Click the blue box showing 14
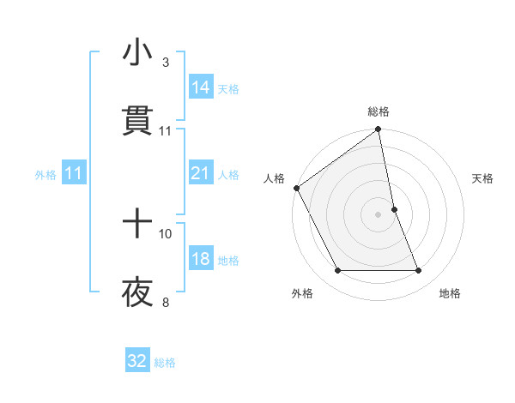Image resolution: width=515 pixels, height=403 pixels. pos(201,87)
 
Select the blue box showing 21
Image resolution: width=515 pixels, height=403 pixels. pos(201,173)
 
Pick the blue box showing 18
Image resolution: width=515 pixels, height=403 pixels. pos(201,259)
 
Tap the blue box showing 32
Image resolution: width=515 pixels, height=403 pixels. pos(137,361)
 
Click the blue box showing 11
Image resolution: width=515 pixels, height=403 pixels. pos(73,173)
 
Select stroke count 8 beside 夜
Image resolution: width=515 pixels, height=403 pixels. pos(165,302)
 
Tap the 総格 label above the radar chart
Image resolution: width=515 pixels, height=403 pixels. pos(379,111)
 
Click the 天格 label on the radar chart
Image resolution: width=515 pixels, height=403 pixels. pos(483,178)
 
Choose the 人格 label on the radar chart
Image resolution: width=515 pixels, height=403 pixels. pos(274,178)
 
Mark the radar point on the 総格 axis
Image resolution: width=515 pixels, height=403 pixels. pos(379,130)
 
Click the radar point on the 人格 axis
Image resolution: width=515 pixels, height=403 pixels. pos(296,188)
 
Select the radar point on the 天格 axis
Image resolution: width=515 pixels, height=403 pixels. pos(394,209)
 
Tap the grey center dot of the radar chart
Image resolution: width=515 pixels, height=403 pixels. pos(379,214)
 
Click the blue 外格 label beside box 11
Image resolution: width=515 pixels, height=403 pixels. pos(45,174)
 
